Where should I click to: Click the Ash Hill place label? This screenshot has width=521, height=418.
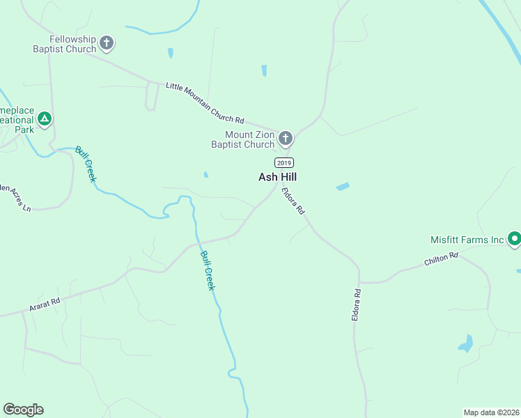[x=278, y=177]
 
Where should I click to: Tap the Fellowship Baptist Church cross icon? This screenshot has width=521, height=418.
[x=107, y=43]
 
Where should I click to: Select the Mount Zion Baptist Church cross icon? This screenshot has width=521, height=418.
[x=285, y=139]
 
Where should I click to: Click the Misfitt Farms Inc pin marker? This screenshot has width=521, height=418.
[x=514, y=239]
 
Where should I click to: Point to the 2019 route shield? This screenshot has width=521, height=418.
[x=283, y=162]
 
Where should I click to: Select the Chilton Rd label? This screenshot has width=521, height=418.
[x=441, y=260]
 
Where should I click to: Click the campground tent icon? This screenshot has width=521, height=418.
[x=45, y=119]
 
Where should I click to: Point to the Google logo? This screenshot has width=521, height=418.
[x=23, y=410]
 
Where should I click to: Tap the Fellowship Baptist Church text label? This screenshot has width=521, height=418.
[x=64, y=44]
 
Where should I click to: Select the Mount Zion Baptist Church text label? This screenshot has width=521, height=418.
[x=243, y=139]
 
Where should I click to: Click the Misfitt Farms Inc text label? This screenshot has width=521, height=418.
[x=467, y=240]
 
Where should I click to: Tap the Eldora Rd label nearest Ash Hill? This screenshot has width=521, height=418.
[x=293, y=201]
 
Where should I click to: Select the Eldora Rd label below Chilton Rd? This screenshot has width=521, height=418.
[x=357, y=304]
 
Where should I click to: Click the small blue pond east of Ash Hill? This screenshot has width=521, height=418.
[x=342, y=186]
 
